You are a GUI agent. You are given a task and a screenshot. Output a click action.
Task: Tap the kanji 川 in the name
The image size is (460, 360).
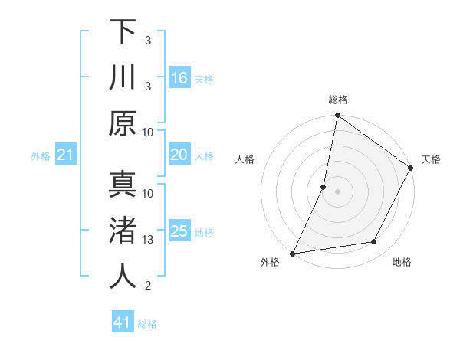[123, 78]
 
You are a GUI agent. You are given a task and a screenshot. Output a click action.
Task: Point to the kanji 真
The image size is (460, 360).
[123, 185]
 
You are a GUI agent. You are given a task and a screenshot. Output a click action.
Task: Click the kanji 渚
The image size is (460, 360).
[123, 231]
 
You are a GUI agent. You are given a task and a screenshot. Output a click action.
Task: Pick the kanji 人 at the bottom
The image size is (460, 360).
[123, 277]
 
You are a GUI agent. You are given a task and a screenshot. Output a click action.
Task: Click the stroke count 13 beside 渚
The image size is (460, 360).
[149, 240]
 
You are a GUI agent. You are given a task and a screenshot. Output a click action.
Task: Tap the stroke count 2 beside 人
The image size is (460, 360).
[149, 286]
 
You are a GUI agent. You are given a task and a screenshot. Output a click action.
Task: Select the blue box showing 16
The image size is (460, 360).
[179, 78]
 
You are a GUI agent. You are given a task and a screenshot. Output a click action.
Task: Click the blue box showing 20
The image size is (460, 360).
[179, 155]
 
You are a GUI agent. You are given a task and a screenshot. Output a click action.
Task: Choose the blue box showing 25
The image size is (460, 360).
[179, 231]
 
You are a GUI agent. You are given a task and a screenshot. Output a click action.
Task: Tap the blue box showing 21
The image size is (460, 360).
[65, 155]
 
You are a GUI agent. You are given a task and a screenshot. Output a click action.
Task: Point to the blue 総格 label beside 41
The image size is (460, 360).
[148, 324]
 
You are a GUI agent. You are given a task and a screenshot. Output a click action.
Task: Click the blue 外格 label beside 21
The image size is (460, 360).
[41, 156]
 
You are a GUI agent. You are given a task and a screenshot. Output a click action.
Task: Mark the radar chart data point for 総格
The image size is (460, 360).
[337, 116]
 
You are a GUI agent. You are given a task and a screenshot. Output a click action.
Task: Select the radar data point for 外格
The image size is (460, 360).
[293, 252]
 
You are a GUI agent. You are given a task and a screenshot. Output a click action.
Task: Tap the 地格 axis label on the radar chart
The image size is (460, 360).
[402, 263]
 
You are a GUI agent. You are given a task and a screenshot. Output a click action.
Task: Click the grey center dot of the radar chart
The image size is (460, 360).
[337, 191]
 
